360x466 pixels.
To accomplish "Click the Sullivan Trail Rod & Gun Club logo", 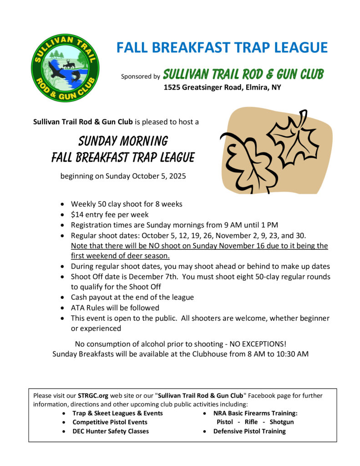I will pos(65,68).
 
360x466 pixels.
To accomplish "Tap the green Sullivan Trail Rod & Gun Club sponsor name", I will pos(243,74).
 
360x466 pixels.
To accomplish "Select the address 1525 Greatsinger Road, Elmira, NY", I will pos(223,87).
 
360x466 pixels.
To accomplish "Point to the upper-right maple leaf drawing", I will pos(290,138).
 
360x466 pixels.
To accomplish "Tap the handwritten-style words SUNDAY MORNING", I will pos(123,141).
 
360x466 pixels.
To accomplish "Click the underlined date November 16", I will pos(217,246).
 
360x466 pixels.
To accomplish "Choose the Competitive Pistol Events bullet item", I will pos(110,422).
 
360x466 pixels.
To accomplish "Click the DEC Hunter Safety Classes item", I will pos(111,431).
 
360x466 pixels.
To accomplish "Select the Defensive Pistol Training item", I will pos(249,431).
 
